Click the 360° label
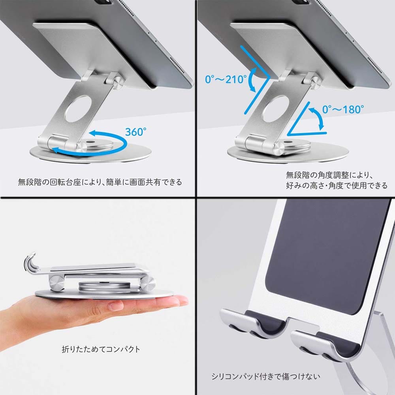[x=135, y=132]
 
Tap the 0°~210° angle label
[x=226, y=79]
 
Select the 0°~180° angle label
[x=343, y=109]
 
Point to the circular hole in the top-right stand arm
[x=275, y=109]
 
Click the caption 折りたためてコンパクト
[x=101, y=349]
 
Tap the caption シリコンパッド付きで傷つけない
[x=266, y=376]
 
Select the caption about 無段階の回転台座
[x=100, y=182]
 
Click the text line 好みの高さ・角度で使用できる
[x=337, y=185]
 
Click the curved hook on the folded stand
[x=31, y=263]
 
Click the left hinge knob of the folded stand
[x=56, y=283]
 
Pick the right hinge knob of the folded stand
[x=148, y=283]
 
